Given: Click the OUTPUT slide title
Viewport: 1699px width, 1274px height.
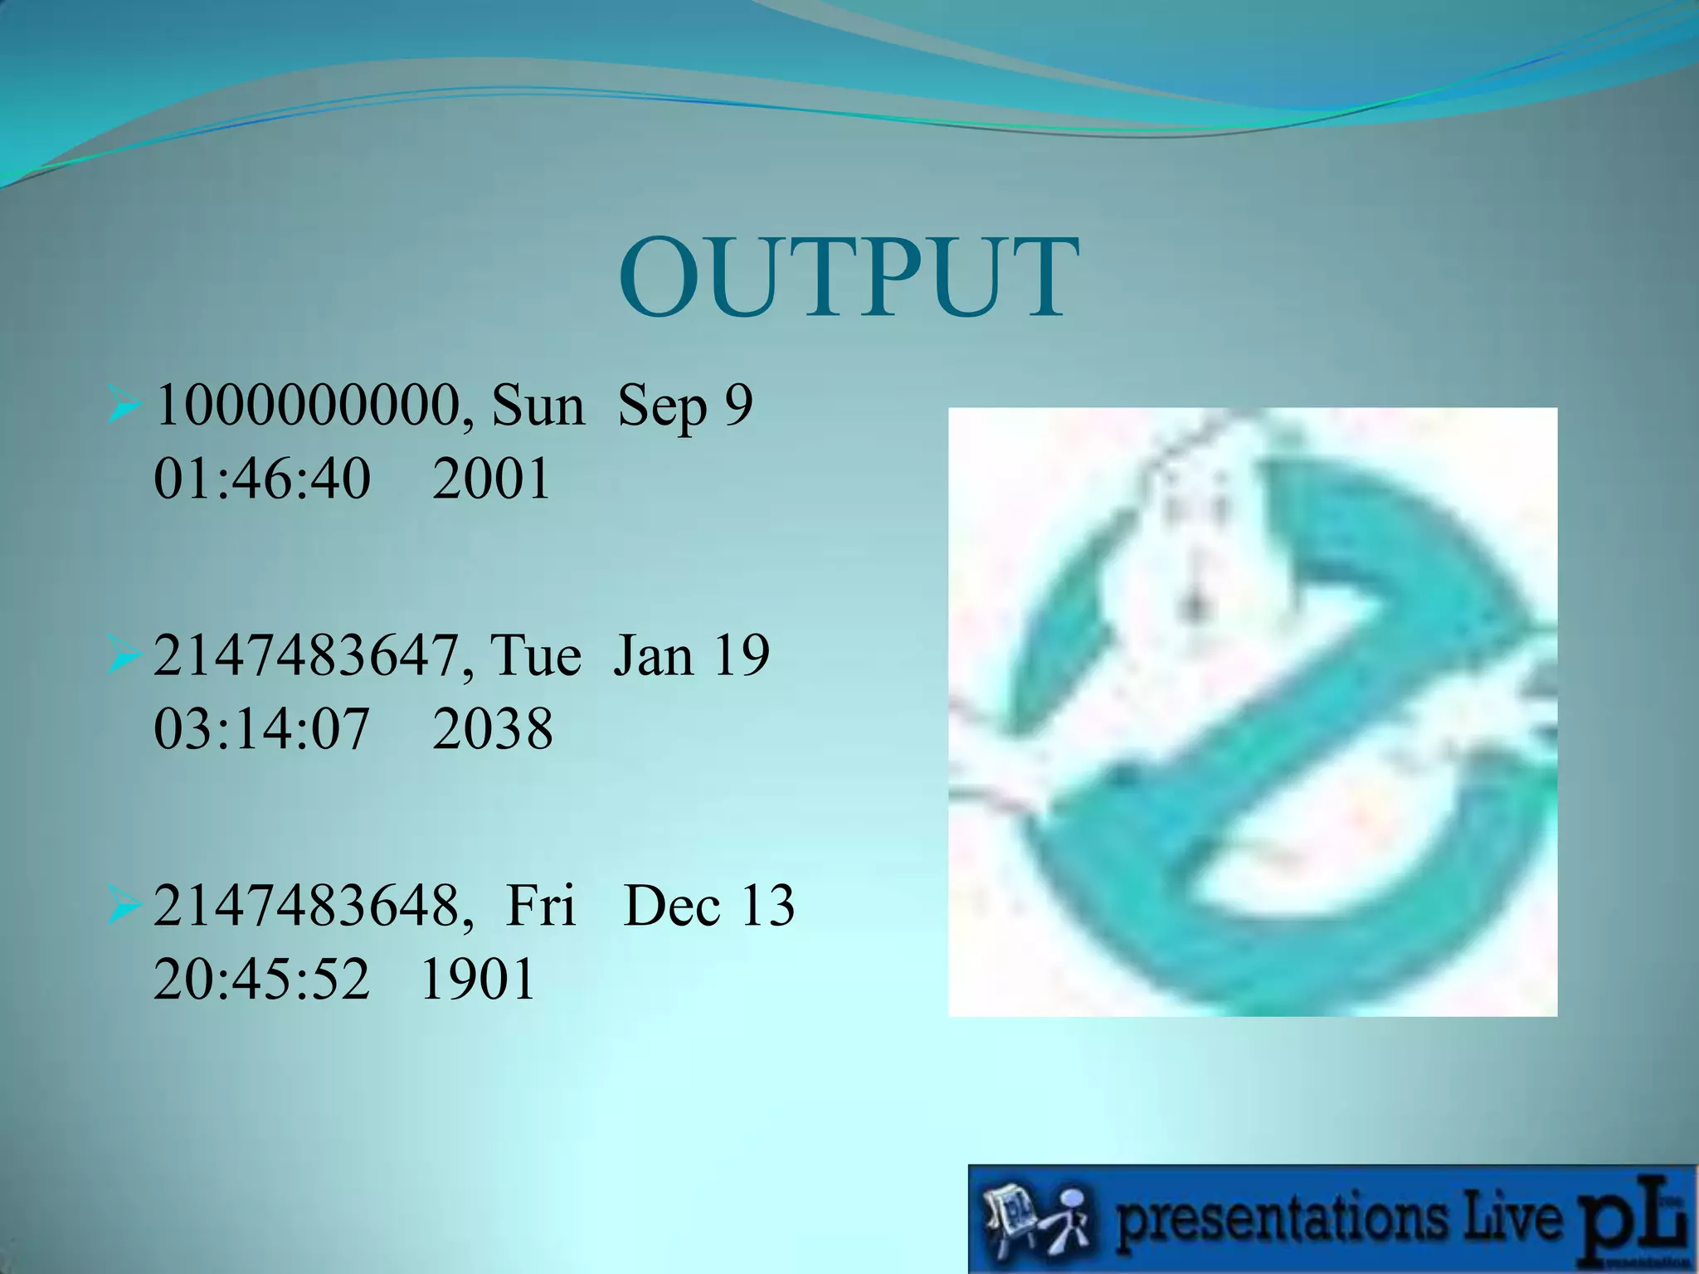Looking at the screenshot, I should click(x=849, y=278).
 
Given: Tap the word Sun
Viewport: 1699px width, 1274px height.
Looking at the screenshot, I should click(x=538, y=406).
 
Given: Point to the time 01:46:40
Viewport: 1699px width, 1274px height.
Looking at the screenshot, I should click(x=262, y=479).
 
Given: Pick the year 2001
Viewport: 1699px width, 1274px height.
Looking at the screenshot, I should click(x=491, y=479).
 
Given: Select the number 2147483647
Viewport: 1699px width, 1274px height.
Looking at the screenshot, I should click(x=306, y=656).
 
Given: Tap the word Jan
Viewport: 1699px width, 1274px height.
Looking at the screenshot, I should click(x=653, y=656).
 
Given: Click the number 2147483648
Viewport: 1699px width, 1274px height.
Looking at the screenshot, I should click(x=306, y=906).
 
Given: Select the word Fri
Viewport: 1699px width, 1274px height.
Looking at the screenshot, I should click(x=540, y=906).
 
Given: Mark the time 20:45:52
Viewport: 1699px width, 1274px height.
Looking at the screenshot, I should click(x=262, y=980).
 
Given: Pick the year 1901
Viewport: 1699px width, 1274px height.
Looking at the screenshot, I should click(x=478, y=980).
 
